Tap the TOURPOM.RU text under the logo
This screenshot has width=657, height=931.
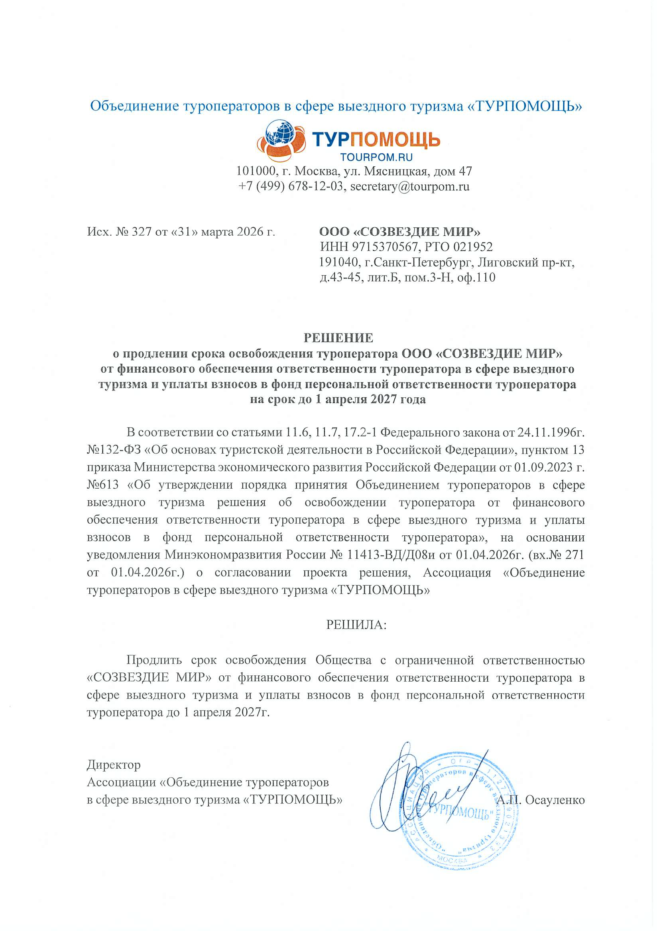pyautogui.click(x=376, y=157)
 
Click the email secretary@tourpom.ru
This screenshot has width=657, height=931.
pyautogui.click(x=409, y=187)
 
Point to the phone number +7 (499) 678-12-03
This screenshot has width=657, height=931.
pyautogui.click(x=290, y=187)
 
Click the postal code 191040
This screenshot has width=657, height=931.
pyautogui.click(x=339, y=262)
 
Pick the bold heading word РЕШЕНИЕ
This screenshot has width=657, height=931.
pyautogui.click(x=338, y=338)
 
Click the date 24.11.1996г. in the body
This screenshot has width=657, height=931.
pyautogui.click(x=551, y=432)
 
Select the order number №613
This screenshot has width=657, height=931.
pyautogui.click(x=103, y=485)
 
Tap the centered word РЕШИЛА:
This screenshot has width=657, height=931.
pyautogui.click(x=356, y=625)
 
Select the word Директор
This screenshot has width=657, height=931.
pyautogui.click(x=114, y=765)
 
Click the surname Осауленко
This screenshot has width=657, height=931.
pyautogui.click(x=555, y=800)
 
